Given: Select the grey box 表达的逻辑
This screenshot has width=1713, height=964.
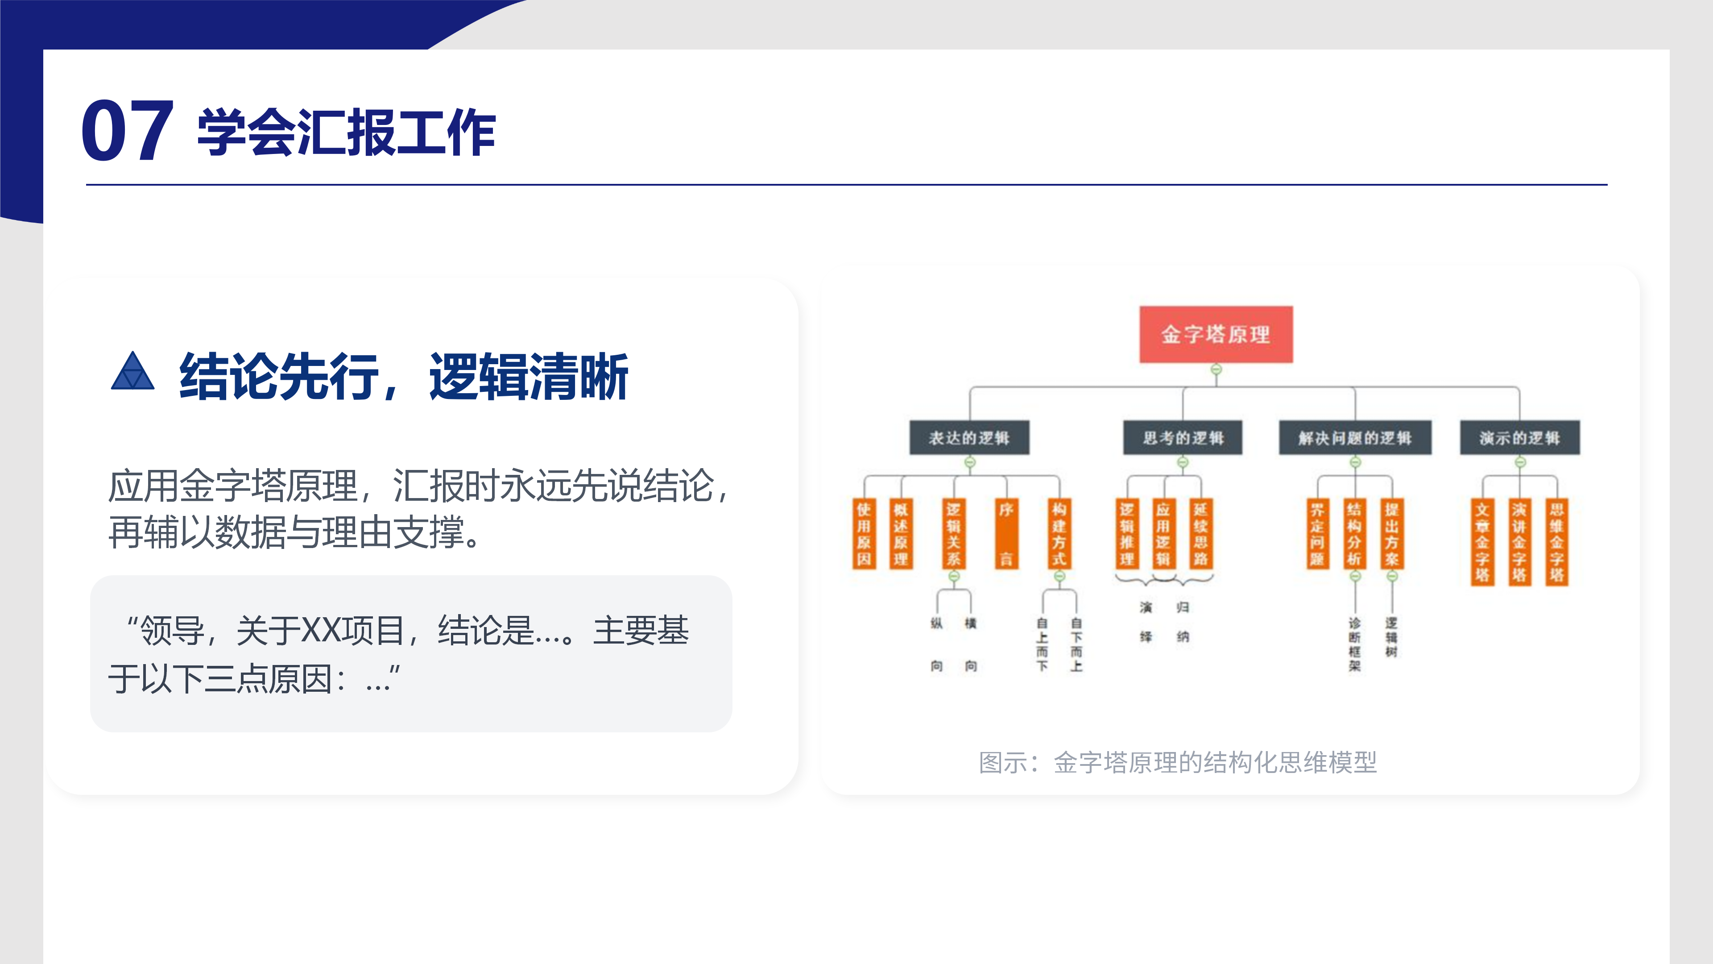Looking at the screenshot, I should pyautogui.click(x=969, y=438).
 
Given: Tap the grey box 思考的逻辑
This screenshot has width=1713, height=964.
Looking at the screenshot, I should pyautogui.click(x=1182, y=438).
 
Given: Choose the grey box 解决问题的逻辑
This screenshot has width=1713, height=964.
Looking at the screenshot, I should pyautogui.click(x=1355, y=438).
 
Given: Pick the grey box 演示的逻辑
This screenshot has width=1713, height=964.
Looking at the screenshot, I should pyautogui.click(x=1519, y=438).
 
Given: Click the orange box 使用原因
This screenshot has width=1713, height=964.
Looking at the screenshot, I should pyautogui.click(x=864, y=534).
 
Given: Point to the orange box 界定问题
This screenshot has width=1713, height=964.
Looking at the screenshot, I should pyautogui.click(x=1317, y=534).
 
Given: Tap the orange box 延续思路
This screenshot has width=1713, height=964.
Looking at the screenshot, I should pyautogui.click(x=1200, y=534).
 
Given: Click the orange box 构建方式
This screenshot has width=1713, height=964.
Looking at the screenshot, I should pyautogui.click(x=1059, y=534).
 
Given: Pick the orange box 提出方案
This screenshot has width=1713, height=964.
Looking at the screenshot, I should pyautogui.click(x=1391, y=534).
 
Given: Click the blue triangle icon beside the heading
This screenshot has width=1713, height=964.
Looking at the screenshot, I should pyautogui.click(x=132, y=371).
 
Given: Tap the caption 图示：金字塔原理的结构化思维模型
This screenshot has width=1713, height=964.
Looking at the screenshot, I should pyautogui.click(x=1178, y=762).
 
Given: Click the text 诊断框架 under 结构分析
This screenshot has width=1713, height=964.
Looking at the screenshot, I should pyautogui.click(x=1355, y=644).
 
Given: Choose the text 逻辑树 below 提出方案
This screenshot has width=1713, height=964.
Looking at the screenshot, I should pyautogui.click(x=1391, y=637).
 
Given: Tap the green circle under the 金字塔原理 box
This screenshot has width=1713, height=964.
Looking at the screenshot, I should pyautogui.click(x=1216, y=369).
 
